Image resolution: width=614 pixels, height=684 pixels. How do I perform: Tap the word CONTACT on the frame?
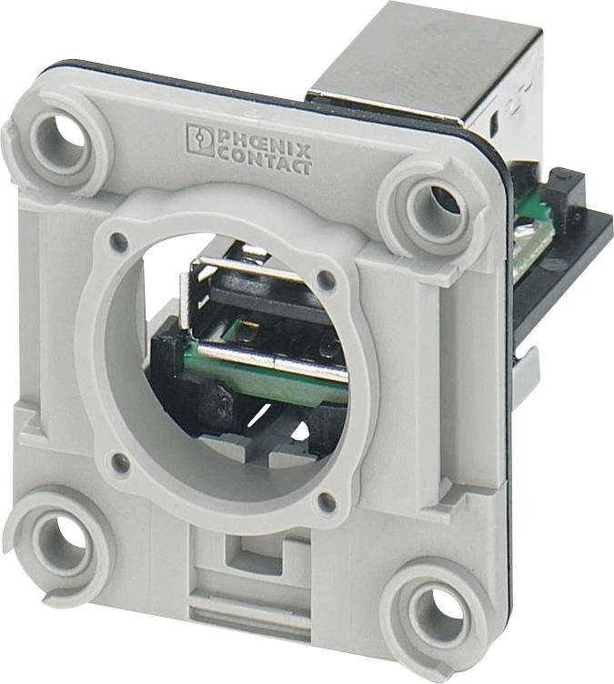[264, 165]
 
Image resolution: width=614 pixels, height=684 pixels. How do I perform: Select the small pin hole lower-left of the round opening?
[116, 461]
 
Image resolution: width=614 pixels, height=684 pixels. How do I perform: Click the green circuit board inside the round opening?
[264, 377]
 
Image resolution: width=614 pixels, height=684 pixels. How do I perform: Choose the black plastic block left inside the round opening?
[177, 364]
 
